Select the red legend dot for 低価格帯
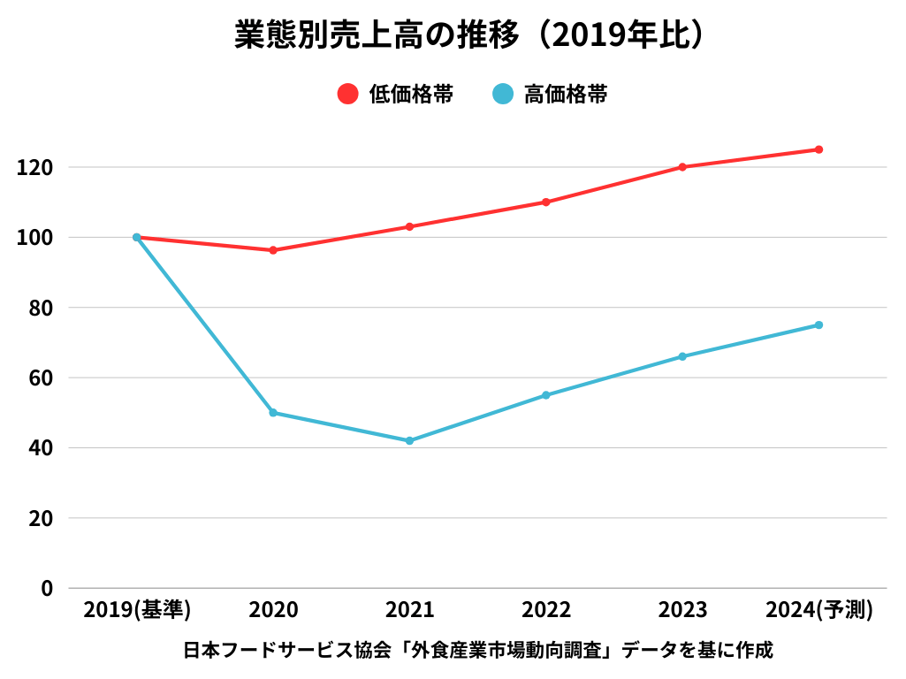tap(348, 94)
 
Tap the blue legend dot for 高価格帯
tap(503, 94)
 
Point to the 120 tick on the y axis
tap(35, 167)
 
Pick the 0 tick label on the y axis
tap(48, 588)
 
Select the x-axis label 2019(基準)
tap(137, 609)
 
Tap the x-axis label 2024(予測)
tap(819, 609)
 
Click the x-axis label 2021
tap(410, 609)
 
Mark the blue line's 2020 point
tap(273, 413)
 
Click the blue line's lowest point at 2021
tap(409, 440)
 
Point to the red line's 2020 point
tap(273, 250)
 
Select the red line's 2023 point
tap(682, 167)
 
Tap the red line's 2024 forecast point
tap(818, 149)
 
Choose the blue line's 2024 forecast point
tap(818, 324)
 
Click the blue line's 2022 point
tap(545, 395)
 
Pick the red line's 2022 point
tap(545, 202)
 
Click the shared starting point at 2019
tap(137, 237)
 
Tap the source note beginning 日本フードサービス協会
tap(478, 651)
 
